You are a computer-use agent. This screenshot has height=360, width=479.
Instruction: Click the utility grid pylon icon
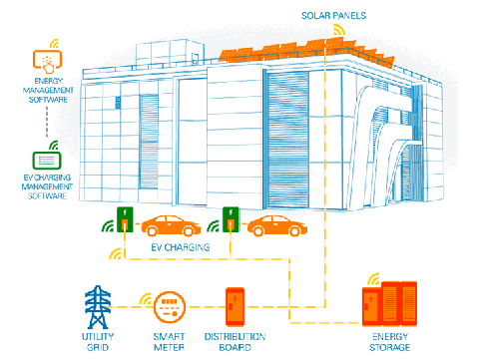pyautogui.click(x=98, y=307)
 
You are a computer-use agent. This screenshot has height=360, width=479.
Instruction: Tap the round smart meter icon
pyautogui.click(x=170, y=307)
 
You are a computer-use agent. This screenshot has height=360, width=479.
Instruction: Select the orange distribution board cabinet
pyautogui.click(x=235, y=306)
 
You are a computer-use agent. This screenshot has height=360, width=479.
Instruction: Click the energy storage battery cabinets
pyautogui.click(x=389, y=304)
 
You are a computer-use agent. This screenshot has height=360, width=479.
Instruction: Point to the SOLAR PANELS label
pyautogui.click(x=333, y=16)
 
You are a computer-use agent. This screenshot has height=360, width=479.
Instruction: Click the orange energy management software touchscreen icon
pyautogui.click(x=48, y=61)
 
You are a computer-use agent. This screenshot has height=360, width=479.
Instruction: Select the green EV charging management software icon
pyautogui.click(x=47, y=161)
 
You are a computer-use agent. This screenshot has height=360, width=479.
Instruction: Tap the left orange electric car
pyautogui.click(x=171, y=225)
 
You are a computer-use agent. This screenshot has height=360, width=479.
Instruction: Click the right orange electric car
pyautogui.click(x=277, y=225)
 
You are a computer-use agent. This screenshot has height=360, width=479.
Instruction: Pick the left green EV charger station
pyautogui.click(x=125, y=219)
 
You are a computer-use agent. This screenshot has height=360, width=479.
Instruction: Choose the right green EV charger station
pyautogui.click(x=231, y=219)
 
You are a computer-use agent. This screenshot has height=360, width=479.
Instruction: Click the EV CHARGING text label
pyautogui.click(x=181, y=247)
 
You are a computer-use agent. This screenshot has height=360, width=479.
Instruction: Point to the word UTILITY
pyautogui.click(x=98, y=336)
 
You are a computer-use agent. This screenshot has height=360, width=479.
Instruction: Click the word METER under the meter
pyautogui.click(x=169, y=347)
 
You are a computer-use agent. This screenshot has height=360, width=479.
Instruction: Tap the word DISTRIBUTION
pyautogui.click(x=235, y=336)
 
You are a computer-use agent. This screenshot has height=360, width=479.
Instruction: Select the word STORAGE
pyautogui.click(x=390, y=347)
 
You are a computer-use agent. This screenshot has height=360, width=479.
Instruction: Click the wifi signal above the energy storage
pyautogui.click(x=374, y=279)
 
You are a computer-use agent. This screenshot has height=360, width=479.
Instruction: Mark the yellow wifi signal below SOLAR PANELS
pyautogui.click(x=339, y=30)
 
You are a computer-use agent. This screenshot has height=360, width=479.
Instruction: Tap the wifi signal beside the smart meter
pyautogui.click(x=146, y=299)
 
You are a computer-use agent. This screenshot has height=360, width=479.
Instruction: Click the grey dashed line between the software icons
pyautogui.click(x=47, y=122)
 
